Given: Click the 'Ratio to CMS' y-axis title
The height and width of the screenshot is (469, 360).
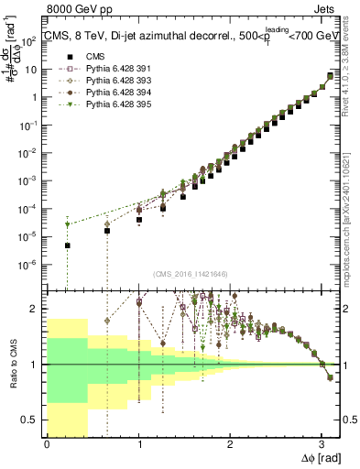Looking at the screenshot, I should [13, 366].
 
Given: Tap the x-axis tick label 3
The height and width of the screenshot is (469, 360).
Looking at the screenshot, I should [321, 444].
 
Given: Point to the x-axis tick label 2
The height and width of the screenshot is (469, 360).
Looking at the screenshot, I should [229, 444].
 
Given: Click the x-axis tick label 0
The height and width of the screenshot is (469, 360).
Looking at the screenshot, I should [47, 444].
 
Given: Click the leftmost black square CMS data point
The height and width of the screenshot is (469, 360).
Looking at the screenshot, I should [67, 245].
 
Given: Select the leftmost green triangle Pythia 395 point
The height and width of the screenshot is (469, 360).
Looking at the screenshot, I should [67, 224].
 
